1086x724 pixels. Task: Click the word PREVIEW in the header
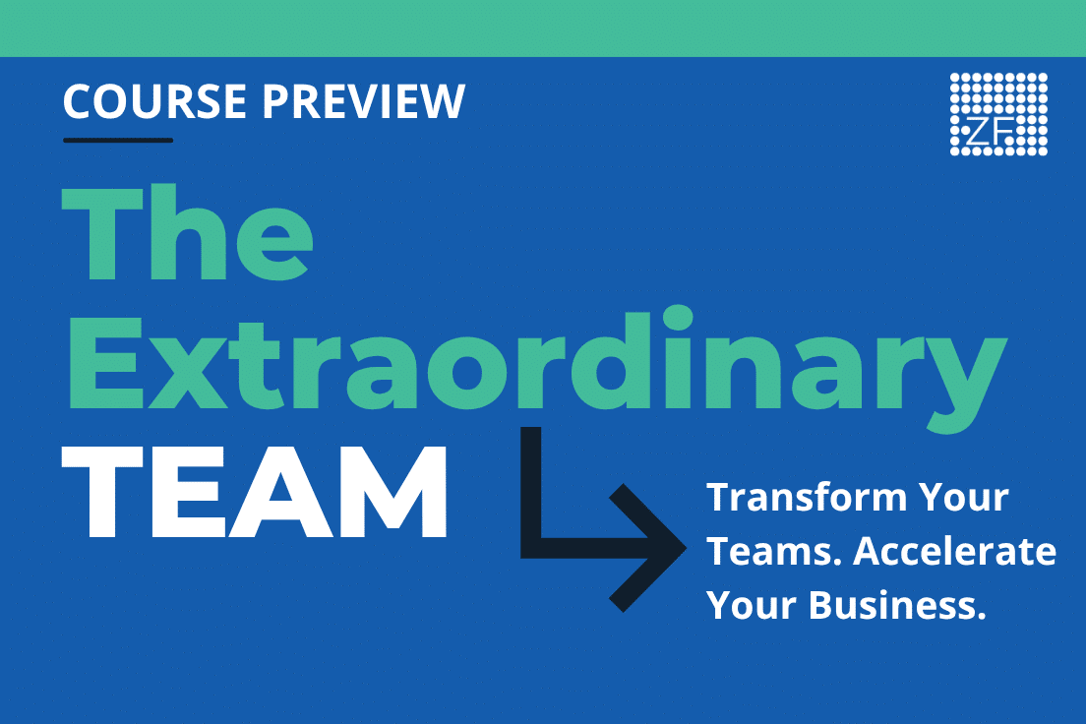point(364,101)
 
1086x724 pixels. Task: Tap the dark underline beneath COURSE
point(118,140)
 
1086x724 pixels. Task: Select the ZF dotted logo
point(998,114)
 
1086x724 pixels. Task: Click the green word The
point(187,233)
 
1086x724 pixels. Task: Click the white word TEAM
point(254,492)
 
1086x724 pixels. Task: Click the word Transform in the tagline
point(807,498)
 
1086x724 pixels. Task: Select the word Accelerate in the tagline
point(954,552)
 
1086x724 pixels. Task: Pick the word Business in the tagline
point(897,605)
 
